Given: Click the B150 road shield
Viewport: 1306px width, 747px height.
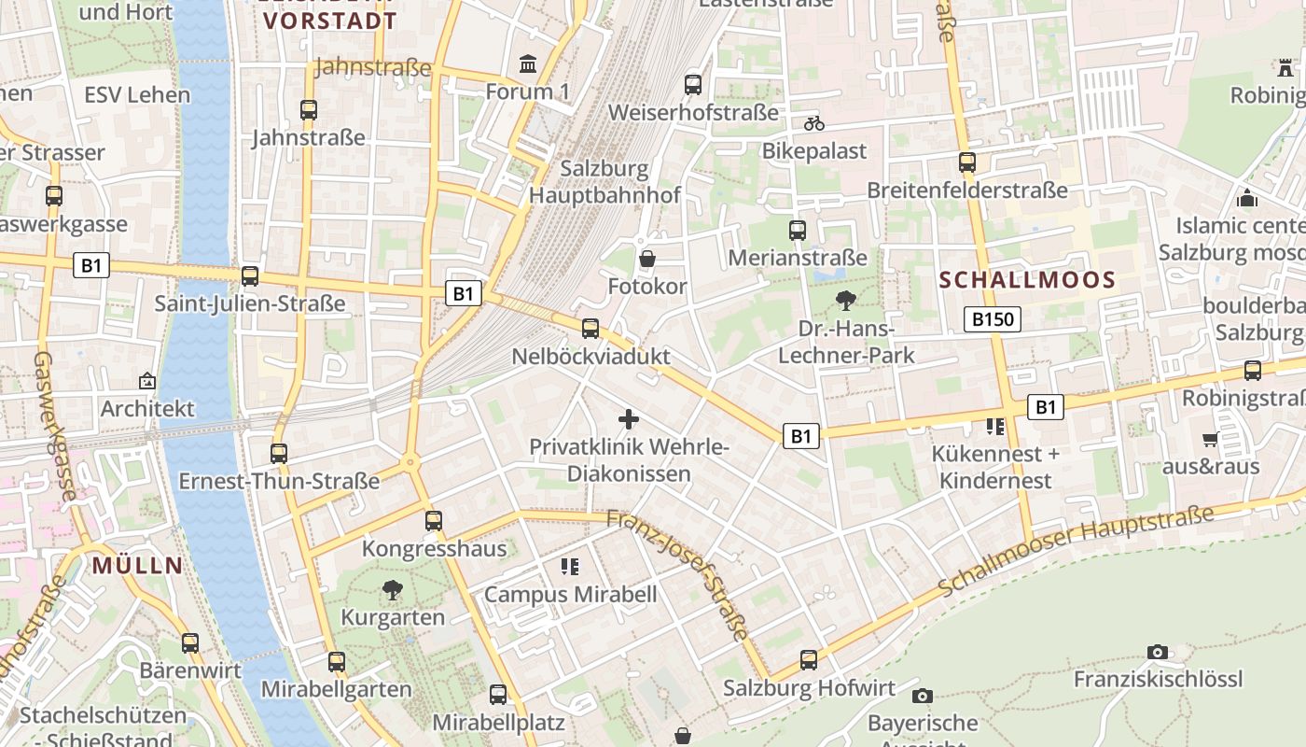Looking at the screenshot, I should (x=992, y=319).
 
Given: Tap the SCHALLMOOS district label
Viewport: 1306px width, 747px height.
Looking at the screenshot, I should (x=1027, y=280).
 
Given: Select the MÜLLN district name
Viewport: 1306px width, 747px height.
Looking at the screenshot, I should (x=137, y=565).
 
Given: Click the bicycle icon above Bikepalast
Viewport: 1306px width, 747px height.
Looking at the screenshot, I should (x=814, y=123).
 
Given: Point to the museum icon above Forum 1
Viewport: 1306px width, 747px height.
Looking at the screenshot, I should (x=528, y=64).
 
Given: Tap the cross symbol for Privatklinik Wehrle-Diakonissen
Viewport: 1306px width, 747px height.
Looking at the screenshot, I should (x=629, y=419).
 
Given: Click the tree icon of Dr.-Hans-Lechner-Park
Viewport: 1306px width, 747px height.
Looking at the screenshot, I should (x=846, y=301).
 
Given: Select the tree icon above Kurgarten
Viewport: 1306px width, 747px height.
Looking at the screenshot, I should (x=393, y=590).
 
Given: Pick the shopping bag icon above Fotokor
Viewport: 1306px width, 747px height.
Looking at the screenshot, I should (x=646, y=259).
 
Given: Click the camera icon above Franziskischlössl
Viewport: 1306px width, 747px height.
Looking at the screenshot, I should (x=1158, y=652).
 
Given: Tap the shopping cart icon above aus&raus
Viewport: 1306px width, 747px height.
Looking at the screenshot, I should (x=1210, y=439).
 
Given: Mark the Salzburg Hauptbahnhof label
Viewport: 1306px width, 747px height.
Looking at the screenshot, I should (x=604, y=182).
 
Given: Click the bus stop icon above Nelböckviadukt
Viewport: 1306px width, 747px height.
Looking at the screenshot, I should (x=590, y=329).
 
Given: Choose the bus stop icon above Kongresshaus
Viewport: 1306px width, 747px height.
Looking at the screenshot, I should (x=434, y=521).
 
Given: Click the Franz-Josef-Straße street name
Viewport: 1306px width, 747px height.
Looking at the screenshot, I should (x=678, y=573).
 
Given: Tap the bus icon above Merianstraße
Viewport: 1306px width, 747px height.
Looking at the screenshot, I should (x=798, y=231).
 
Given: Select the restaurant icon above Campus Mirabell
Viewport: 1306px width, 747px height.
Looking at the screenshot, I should (x=570, y=567).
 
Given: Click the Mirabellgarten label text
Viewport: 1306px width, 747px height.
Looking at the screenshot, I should (x=337, y=689).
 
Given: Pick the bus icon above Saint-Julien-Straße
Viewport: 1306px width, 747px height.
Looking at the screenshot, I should (x=250, y=276).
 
